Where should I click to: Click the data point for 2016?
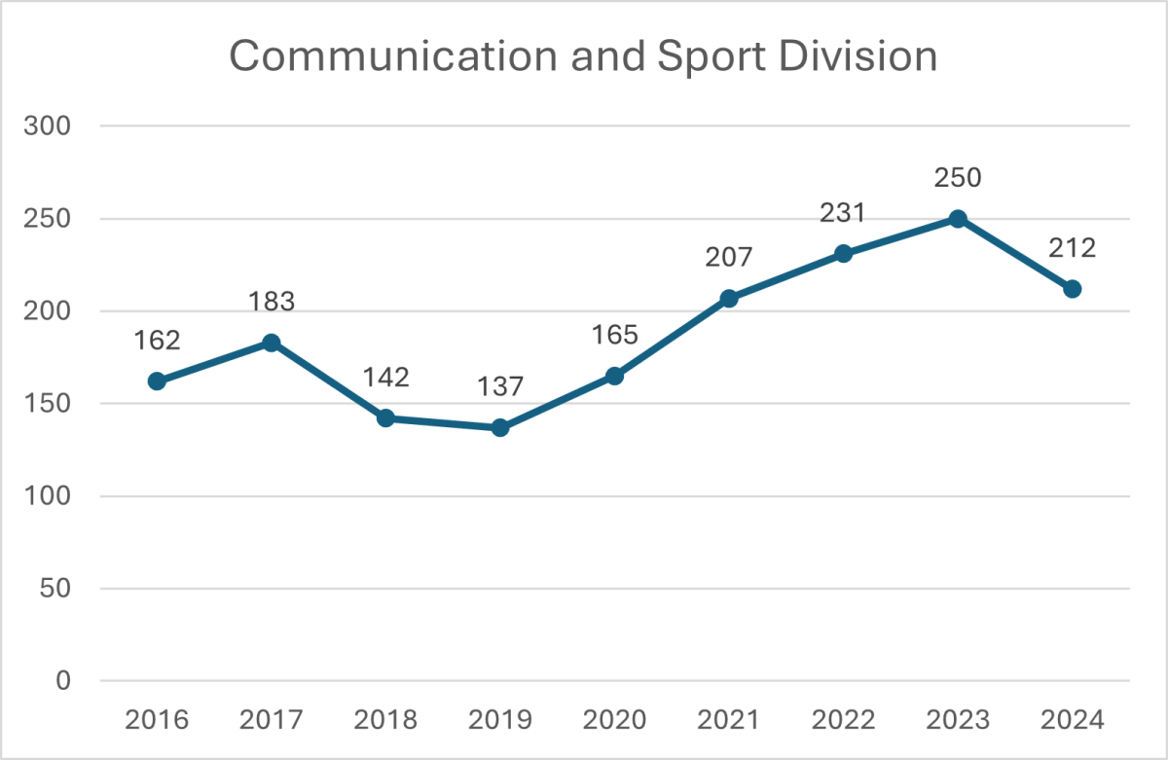click(157, 381)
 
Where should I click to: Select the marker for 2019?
click(500, 427)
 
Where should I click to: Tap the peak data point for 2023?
click(958, 219)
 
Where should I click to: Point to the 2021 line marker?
click(729, 299)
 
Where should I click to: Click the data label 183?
click(272, 302)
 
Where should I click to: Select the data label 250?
click(958, 178)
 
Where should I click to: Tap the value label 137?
click(500, 386)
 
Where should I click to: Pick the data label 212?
click(1073, 248)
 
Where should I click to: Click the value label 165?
click(614, 335)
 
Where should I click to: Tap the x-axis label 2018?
click(385, 721)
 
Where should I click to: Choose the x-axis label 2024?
click(1073, 721)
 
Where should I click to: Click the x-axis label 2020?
click(614, 721)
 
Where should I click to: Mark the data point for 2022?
click(843, 254)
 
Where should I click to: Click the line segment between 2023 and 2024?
click(1015, 254)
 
